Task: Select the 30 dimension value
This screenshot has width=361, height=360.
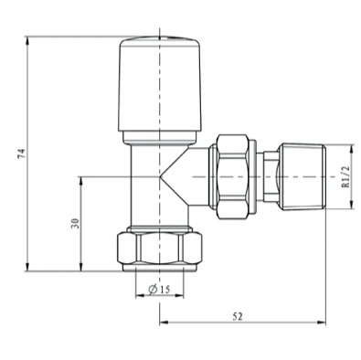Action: coord(75,223)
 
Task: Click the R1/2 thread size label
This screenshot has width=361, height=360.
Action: coord(346,176)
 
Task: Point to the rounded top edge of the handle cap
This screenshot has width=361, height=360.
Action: coord(160,40)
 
